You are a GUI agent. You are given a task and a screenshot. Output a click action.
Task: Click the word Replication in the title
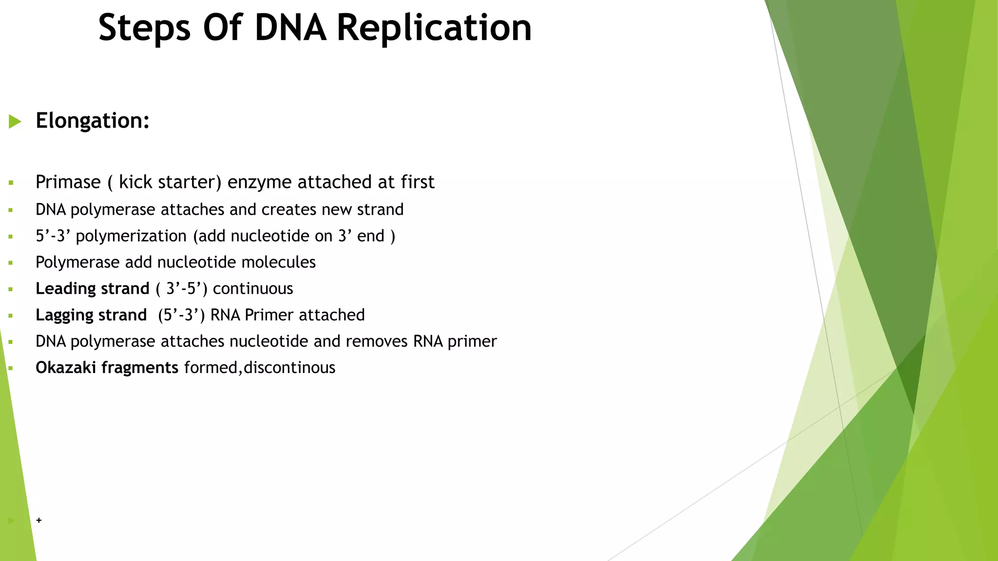434,28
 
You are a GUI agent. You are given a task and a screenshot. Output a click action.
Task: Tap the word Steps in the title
144,28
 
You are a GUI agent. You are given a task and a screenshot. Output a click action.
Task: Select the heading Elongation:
93,121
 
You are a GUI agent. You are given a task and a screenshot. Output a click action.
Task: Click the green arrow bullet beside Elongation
15,121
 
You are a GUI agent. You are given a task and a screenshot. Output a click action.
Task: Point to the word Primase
68,182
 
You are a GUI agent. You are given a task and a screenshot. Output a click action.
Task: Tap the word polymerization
131,236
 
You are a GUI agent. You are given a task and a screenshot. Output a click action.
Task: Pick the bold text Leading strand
93,289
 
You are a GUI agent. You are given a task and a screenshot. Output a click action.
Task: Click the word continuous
253,289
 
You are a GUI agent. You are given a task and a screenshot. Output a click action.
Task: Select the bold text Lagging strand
91,315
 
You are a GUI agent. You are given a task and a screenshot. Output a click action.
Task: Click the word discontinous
289,368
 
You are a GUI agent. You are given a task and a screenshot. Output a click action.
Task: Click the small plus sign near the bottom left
39,520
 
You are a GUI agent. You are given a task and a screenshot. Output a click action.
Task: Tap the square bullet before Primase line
11,184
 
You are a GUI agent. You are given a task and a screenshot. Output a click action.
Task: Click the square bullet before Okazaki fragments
11,369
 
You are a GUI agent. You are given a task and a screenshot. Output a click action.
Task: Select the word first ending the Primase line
417,182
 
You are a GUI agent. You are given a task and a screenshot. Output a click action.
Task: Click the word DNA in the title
290,28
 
